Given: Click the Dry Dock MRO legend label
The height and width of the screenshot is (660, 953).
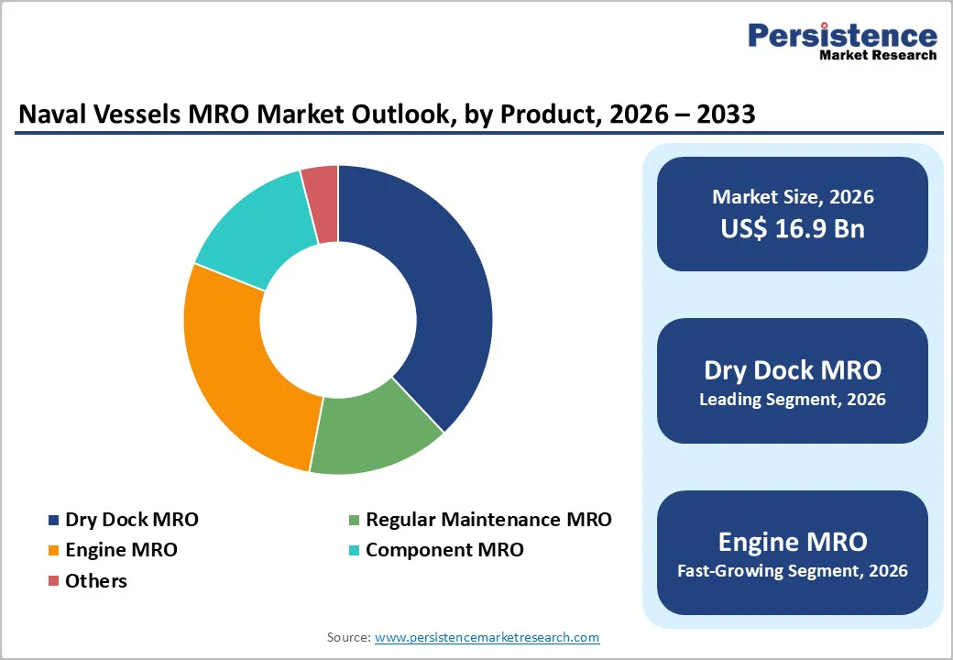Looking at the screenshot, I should point(131,520).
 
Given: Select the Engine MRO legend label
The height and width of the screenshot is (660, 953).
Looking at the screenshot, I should point(121,550).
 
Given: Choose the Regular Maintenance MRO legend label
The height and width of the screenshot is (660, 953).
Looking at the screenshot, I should point(487,520).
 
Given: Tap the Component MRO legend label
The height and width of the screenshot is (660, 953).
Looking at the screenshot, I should point(444,550).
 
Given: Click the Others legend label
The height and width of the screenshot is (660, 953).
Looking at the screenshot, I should point(96,580).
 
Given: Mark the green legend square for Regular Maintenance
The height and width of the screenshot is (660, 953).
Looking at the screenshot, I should point(353,521).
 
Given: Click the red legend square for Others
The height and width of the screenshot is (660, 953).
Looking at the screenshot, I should point(53,580).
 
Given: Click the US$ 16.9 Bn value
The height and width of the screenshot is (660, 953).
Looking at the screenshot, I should point(793,228).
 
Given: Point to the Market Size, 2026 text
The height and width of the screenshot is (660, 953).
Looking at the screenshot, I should point(793,197).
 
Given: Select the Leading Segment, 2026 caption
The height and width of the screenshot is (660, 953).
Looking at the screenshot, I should point(793,400).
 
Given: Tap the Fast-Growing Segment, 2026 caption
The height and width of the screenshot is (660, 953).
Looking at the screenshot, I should point(793,571).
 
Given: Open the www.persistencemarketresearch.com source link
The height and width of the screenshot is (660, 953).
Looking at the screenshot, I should point(487,637).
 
